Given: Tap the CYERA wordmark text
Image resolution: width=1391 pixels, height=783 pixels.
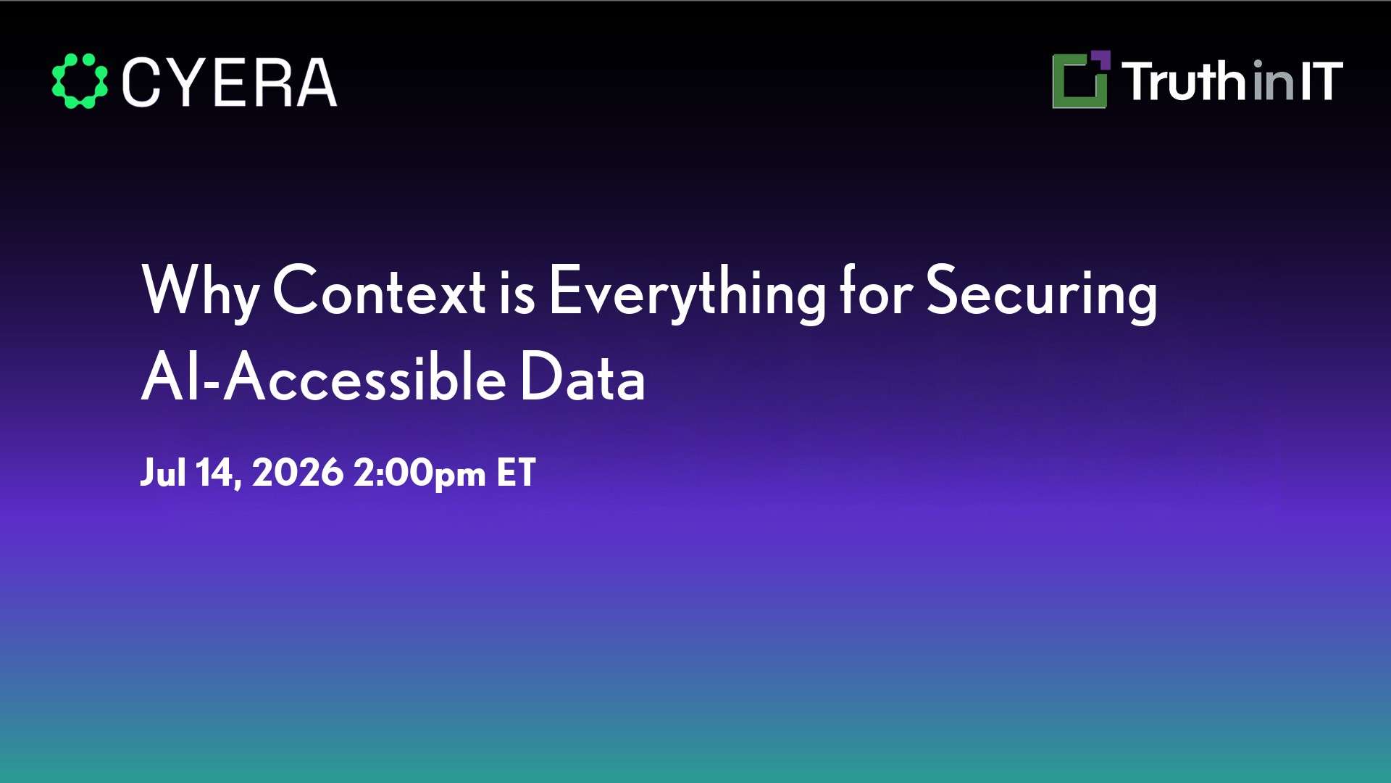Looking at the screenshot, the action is [x=230, y=83].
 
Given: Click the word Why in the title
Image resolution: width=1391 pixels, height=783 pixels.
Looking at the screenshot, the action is [x=201, y=291].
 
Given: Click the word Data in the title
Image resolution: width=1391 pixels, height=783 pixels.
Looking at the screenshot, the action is [x=582, y=376].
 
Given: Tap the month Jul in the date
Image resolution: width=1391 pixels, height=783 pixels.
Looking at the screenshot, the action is [x=163, y=473].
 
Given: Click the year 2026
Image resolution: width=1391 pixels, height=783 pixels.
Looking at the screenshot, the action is [x=298, y=473].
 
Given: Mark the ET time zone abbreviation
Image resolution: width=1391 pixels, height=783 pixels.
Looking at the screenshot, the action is [x=516, y=473].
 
